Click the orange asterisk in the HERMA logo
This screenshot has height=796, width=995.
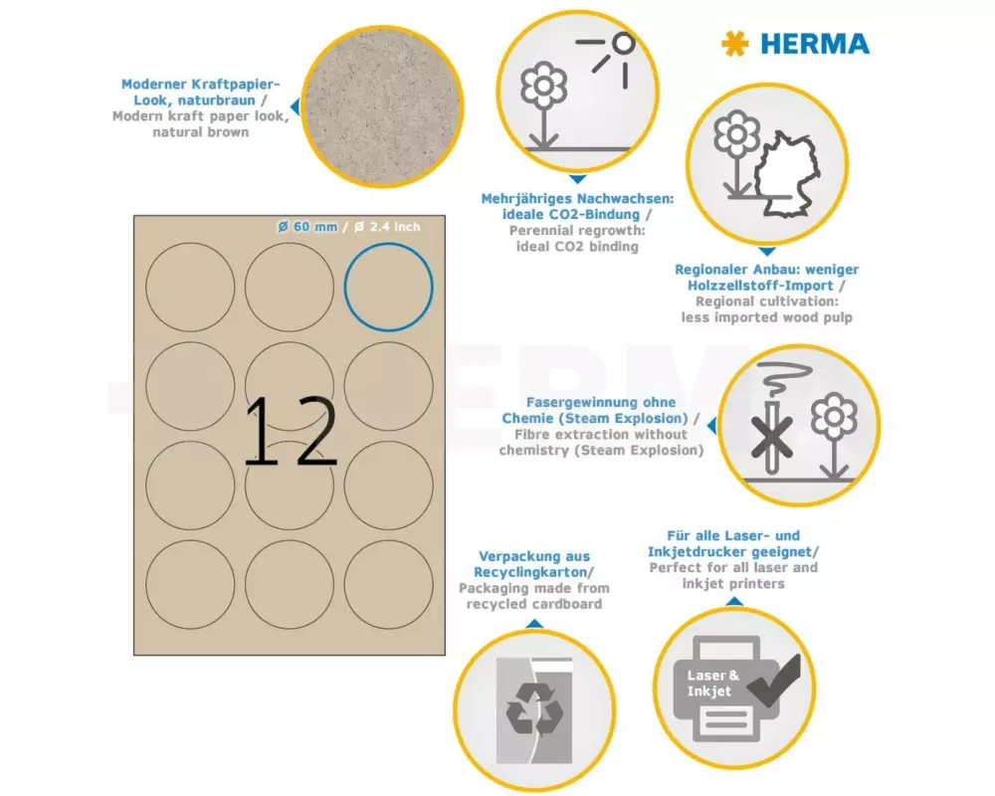coord(735,44)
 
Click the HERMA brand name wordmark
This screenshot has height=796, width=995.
coord(815,44)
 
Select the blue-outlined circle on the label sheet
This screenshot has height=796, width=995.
coord(388,287)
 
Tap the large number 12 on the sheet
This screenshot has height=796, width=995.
coord(291,431)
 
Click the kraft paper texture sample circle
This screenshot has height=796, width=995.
coord(382,106)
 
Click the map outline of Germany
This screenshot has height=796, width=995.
coord(786,174)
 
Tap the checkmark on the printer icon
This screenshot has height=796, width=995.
coord(774,681)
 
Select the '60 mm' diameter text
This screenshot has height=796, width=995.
coord(307,227)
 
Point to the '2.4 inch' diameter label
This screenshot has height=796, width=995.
coord(387,227)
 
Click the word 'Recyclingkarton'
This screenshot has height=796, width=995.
coord(530,572)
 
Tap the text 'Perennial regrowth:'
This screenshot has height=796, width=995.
coord(577,231)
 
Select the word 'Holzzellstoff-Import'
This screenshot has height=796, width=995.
coord(760,286)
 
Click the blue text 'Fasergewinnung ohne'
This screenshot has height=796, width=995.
coord(601,402)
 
